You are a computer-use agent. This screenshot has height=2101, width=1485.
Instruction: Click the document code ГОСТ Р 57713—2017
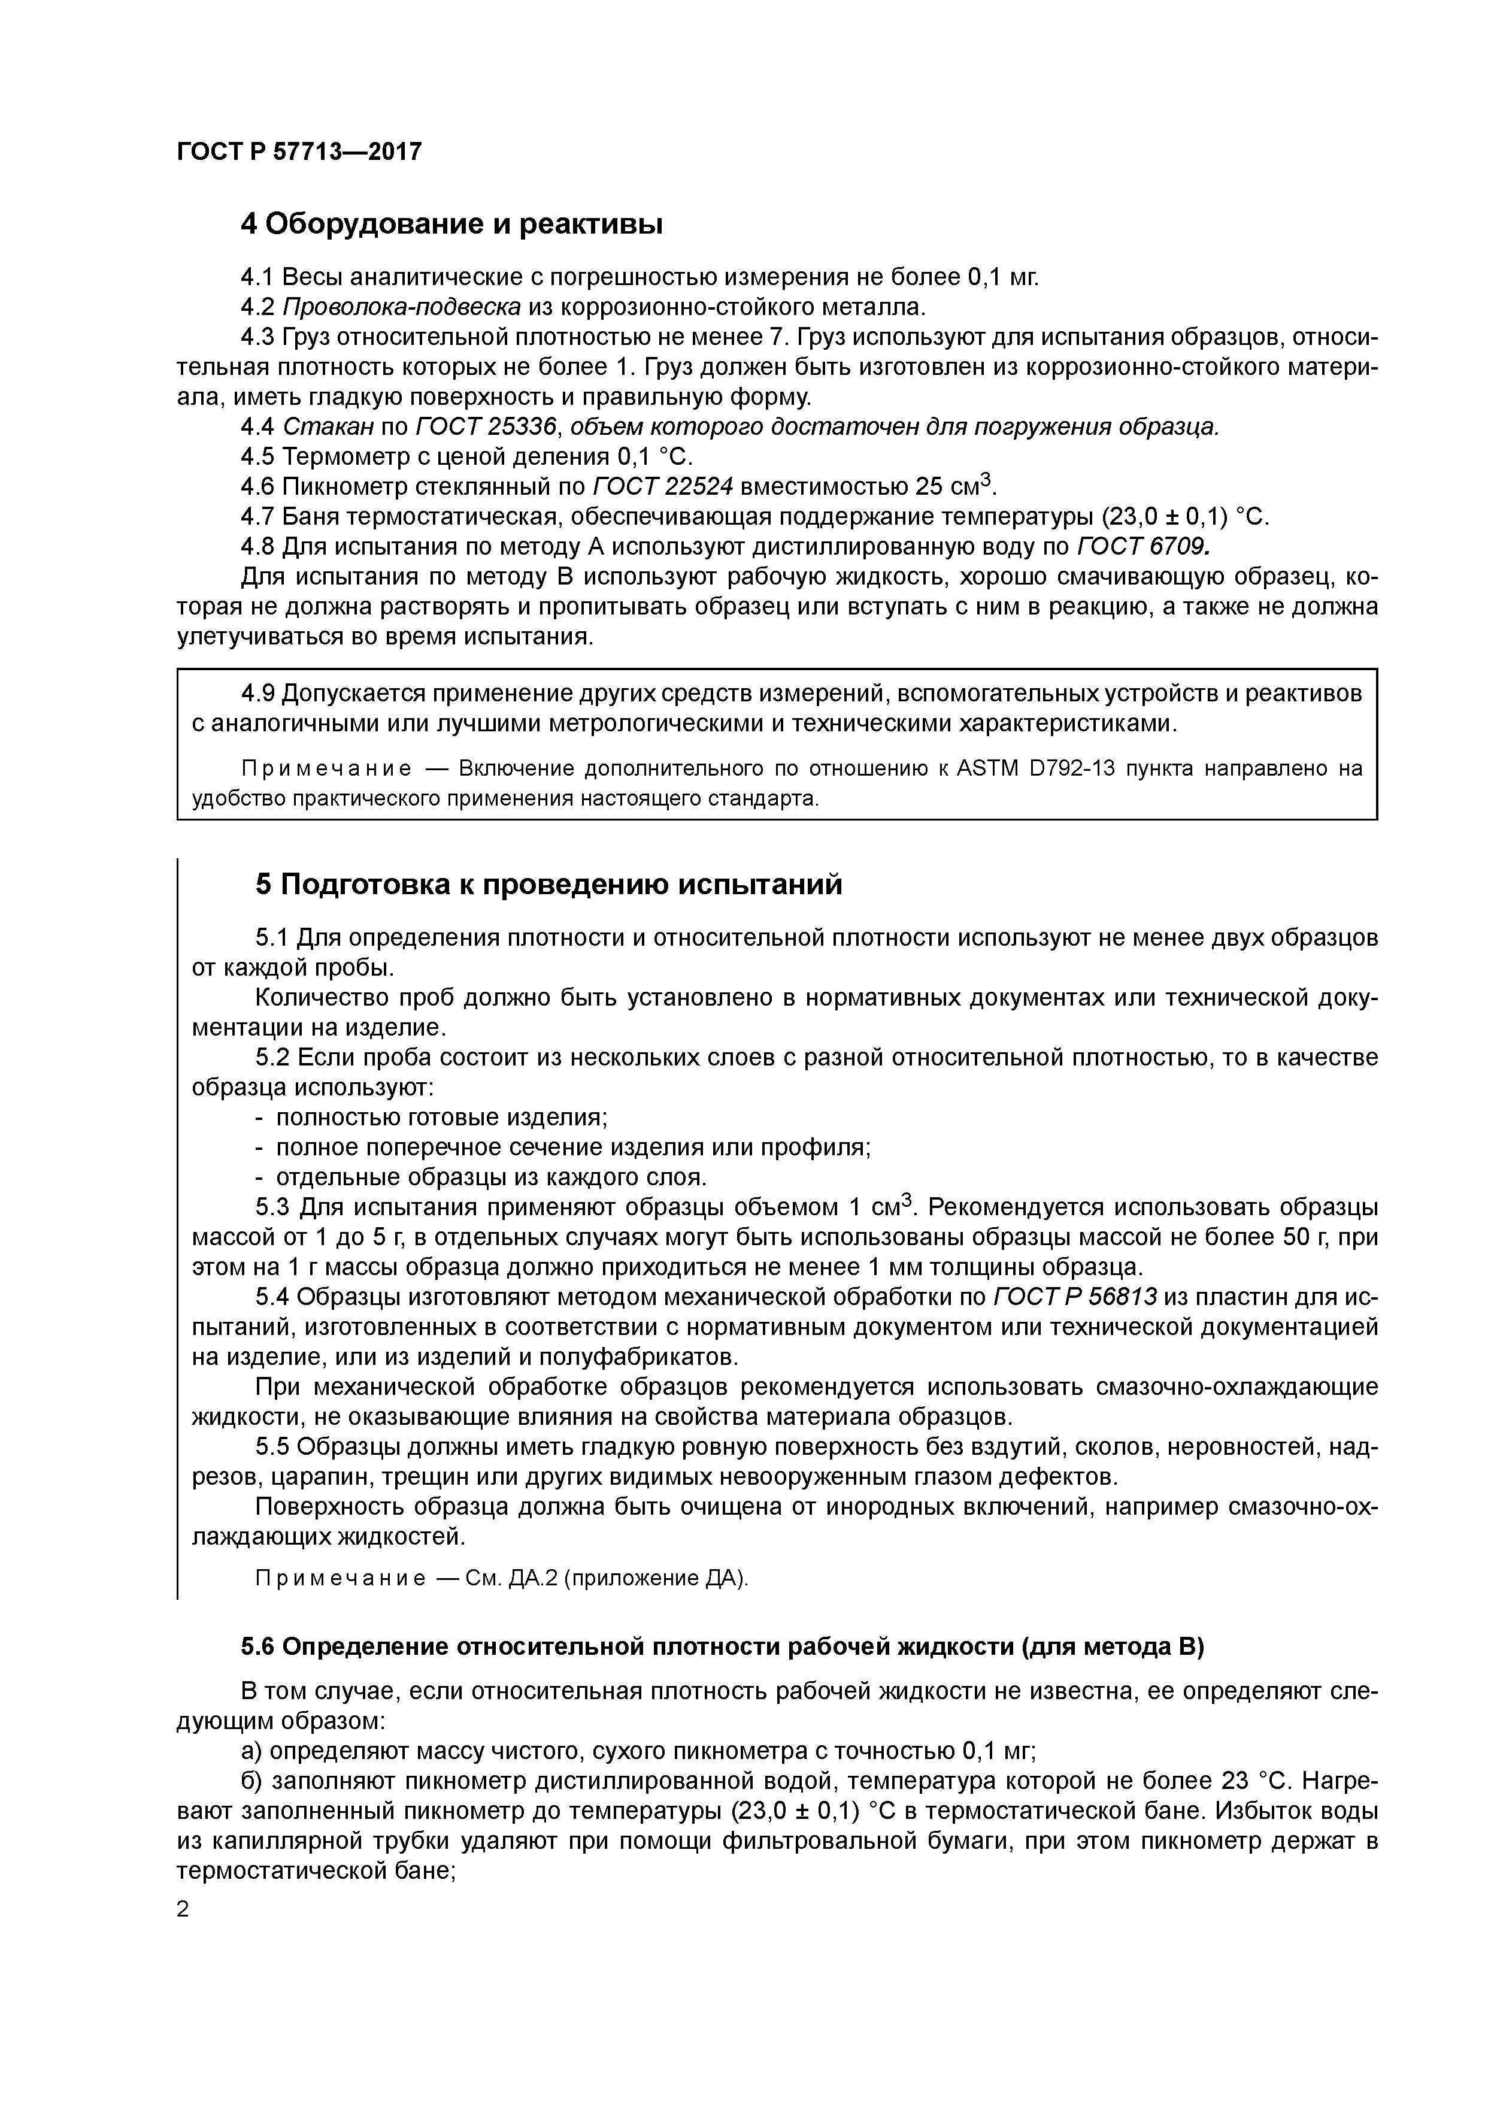pyautogui.click(x=299, y=152)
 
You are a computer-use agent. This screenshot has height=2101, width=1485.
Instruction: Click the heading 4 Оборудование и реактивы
pyautogui.click(x=451, y=223)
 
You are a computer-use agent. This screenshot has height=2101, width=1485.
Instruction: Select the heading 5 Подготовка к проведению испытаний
pyautogui.click(x=548, y=885)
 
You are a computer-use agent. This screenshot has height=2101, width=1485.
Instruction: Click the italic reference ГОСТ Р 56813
pyautogui.click(x=1075, y=1298)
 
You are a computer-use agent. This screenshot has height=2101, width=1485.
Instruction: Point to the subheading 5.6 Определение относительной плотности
pyautogui.click(x=723, y=1647)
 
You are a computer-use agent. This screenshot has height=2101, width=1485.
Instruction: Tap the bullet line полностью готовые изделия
pyautogui.click(x=442, y=1118)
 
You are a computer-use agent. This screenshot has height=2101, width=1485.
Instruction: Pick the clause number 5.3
pyautogui.click(x=274, y=1208)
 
